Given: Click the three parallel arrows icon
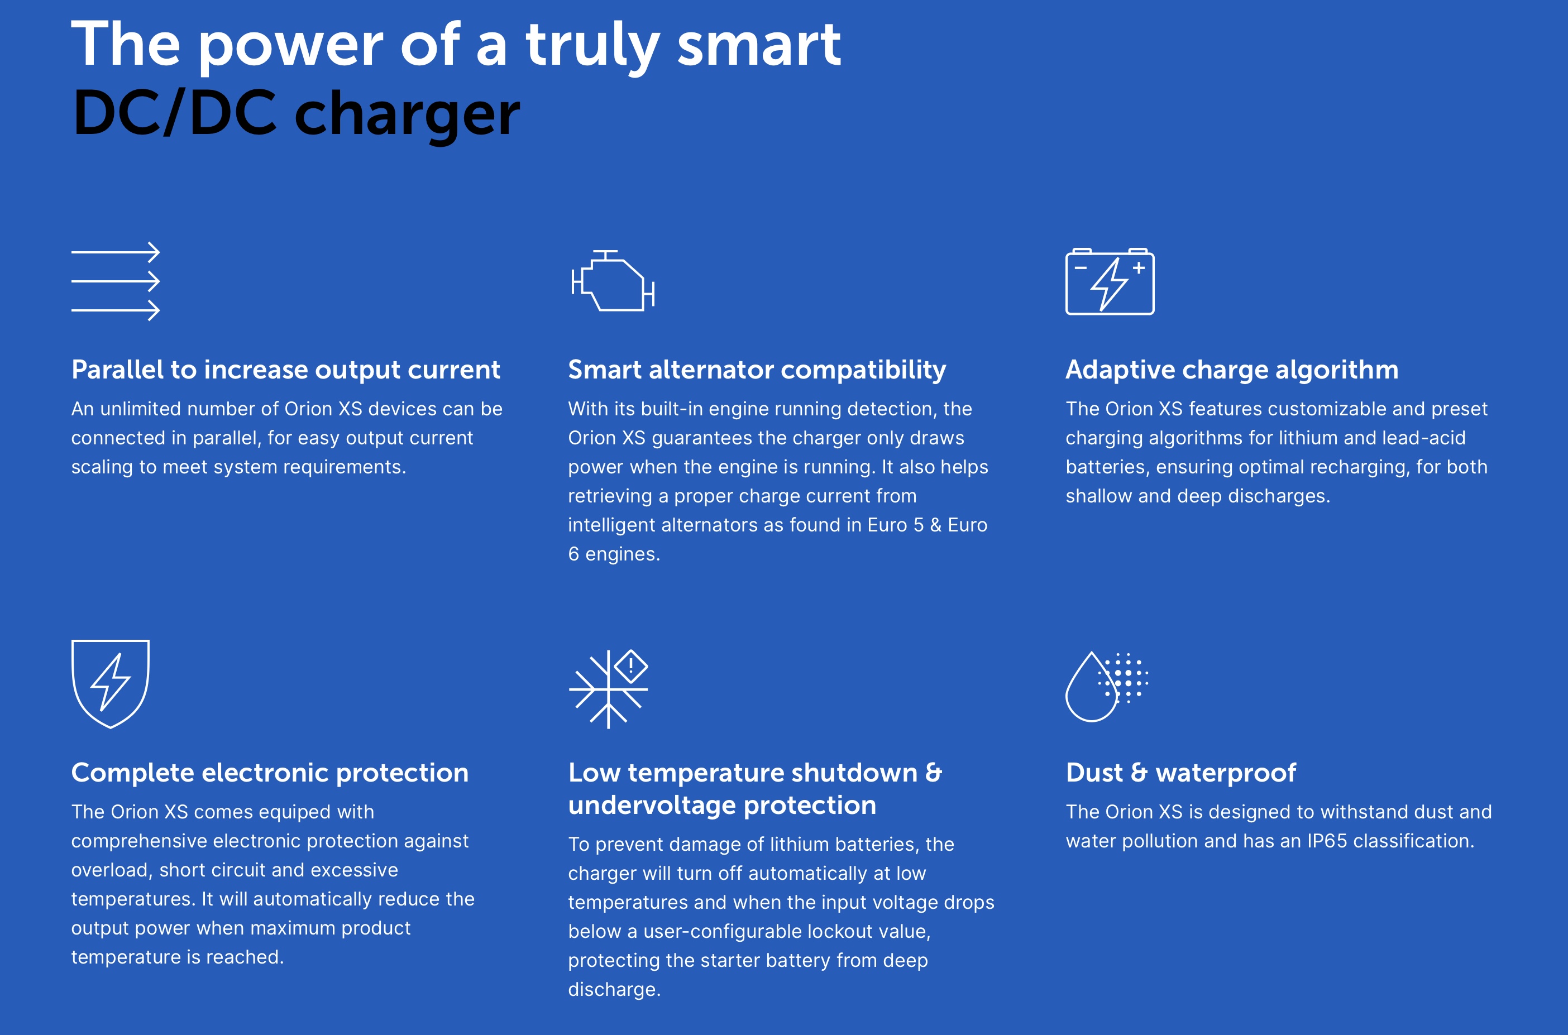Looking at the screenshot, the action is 116,281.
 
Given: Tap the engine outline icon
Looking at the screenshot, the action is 613,281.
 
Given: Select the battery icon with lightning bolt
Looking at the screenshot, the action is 1110,281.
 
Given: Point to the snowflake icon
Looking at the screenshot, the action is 608,689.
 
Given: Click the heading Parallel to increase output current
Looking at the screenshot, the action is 286,370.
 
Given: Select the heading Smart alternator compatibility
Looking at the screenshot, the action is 757,370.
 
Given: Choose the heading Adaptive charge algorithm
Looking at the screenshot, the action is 1232,370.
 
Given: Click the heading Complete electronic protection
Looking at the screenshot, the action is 270,772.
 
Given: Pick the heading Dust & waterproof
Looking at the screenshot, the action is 1181,772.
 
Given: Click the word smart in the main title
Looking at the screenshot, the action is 759,45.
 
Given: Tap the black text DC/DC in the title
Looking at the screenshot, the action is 174,113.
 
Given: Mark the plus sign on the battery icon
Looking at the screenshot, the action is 1138,267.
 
